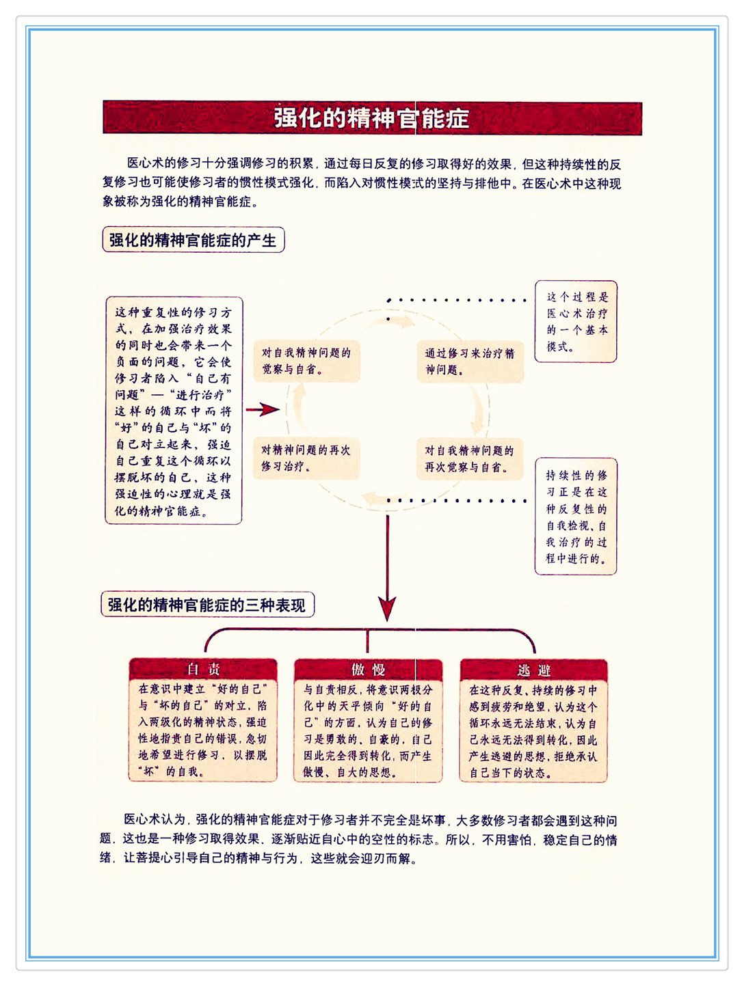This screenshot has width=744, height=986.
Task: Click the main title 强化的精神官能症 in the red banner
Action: click(371, 118)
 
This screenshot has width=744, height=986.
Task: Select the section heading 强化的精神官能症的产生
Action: click(194, 240)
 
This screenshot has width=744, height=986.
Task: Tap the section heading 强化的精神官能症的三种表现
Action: click(207, 605)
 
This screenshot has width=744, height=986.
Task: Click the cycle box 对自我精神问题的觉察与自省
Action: click(306, 361)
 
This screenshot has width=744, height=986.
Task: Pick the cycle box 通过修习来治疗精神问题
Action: click(470, 361)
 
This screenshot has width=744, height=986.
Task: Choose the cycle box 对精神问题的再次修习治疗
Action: click(306, 458)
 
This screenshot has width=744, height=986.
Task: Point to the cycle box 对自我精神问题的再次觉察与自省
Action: click(470, 459)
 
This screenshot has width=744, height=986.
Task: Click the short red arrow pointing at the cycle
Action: click(263, 409)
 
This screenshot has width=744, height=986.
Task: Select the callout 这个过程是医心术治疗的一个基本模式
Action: click(575, 322)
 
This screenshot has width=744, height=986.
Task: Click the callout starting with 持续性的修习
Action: click(575, 516)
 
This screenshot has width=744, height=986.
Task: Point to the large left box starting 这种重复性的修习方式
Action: click(174, 411)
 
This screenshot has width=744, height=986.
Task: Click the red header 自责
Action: click(203, 670)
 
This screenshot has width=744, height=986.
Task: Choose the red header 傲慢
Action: click(368, 670)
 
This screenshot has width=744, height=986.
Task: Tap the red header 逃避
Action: click(533, 670)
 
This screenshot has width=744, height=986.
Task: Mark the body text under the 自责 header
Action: click(202, 730)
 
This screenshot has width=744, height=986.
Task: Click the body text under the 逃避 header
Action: click(533, 731)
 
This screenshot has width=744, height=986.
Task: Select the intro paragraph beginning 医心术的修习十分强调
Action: click(362, 183)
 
